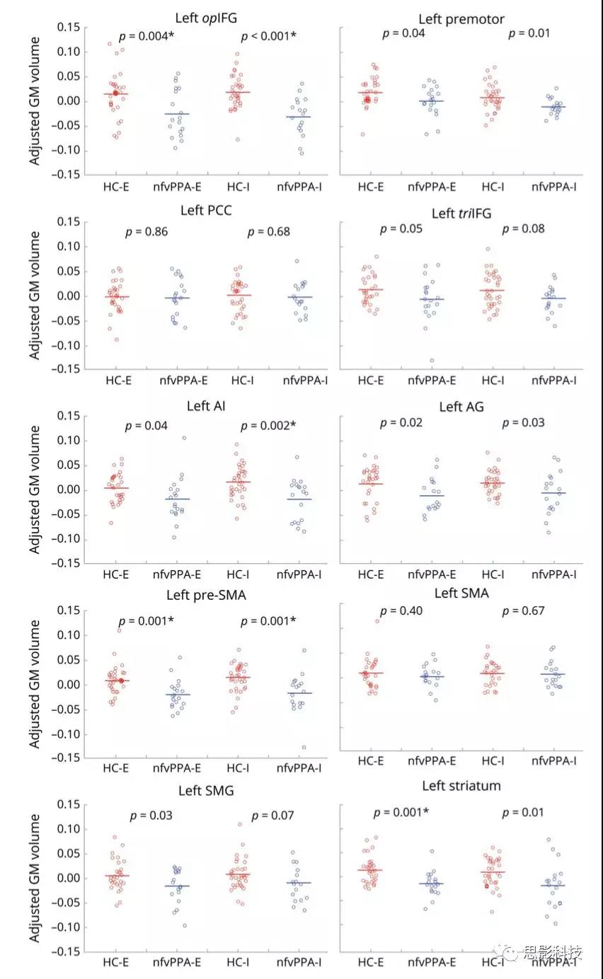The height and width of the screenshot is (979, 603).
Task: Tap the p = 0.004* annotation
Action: [147, 36]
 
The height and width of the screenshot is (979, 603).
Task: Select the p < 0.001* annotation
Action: [268, 36]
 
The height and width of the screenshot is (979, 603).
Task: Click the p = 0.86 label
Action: [147, 231]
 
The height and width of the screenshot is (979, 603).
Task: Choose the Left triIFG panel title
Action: [461, 212]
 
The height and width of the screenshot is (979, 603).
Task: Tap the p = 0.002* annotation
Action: [268, 426]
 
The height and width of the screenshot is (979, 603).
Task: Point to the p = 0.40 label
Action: [401, 610]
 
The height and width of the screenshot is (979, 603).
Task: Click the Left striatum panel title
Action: [461, 786]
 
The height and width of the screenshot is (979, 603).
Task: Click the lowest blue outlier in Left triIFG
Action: [431, 360]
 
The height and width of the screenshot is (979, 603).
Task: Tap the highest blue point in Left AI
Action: [184, 438]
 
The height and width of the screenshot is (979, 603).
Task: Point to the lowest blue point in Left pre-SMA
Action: [304, 747]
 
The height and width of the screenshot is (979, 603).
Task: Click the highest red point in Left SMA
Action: [377, 621]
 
